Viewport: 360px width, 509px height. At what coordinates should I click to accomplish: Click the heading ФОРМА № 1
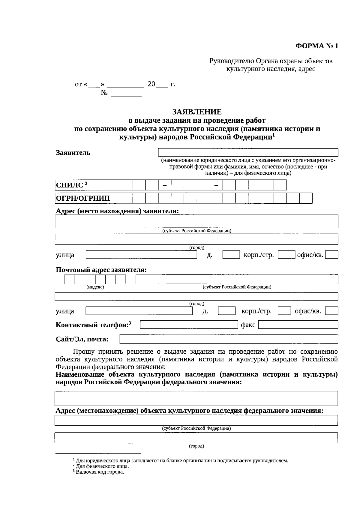click(317, 46)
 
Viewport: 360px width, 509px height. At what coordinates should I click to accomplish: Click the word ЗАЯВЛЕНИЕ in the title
click(197, 112)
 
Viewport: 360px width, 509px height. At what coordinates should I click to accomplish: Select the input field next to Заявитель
click(248, 152)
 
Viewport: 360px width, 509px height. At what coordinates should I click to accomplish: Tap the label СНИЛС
click(70, 185)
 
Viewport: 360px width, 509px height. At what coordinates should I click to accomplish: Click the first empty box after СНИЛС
click(126, 185)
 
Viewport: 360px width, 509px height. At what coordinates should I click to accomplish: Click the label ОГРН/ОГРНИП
click(83, 198)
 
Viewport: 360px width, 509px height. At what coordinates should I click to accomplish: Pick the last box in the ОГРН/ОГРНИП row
click(306, 198)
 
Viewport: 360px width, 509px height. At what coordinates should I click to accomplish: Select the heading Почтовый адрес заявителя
click(101, 270)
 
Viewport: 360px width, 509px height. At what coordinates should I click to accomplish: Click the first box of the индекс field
click(69, 280)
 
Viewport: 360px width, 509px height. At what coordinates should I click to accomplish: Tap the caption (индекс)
click(95, 287)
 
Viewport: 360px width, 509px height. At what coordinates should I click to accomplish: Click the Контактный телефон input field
click(189, 325)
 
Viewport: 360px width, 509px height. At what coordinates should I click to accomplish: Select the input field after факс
click(298, 325)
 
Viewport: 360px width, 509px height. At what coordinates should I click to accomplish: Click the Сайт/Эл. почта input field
click(229, 339)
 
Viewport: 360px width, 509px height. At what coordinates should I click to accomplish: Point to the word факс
click(248, 325)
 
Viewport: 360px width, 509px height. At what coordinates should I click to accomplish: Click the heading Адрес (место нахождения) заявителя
click(117, 211)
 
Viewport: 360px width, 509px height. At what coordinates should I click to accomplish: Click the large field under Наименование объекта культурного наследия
click(196, 398)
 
